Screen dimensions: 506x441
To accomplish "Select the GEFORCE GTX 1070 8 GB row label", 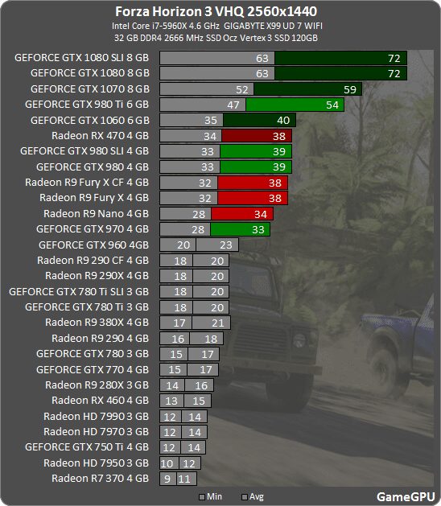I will click(89, 89).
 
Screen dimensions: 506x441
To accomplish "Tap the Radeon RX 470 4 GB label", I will click(100, 136).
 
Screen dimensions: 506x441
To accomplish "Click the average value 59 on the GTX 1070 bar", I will click(349, 89).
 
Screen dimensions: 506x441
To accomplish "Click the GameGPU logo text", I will click(406, 496).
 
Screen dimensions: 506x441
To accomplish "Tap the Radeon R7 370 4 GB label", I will click(100, 479).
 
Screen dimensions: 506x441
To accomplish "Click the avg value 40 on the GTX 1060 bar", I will click(282, 121).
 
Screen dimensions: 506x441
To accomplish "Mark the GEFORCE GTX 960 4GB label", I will click(93, 245).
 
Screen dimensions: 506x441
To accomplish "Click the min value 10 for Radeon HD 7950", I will click(167, 463).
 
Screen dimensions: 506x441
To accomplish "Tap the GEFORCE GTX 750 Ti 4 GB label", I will click(87, 447).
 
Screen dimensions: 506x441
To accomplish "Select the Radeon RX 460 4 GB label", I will click(100, 401).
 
